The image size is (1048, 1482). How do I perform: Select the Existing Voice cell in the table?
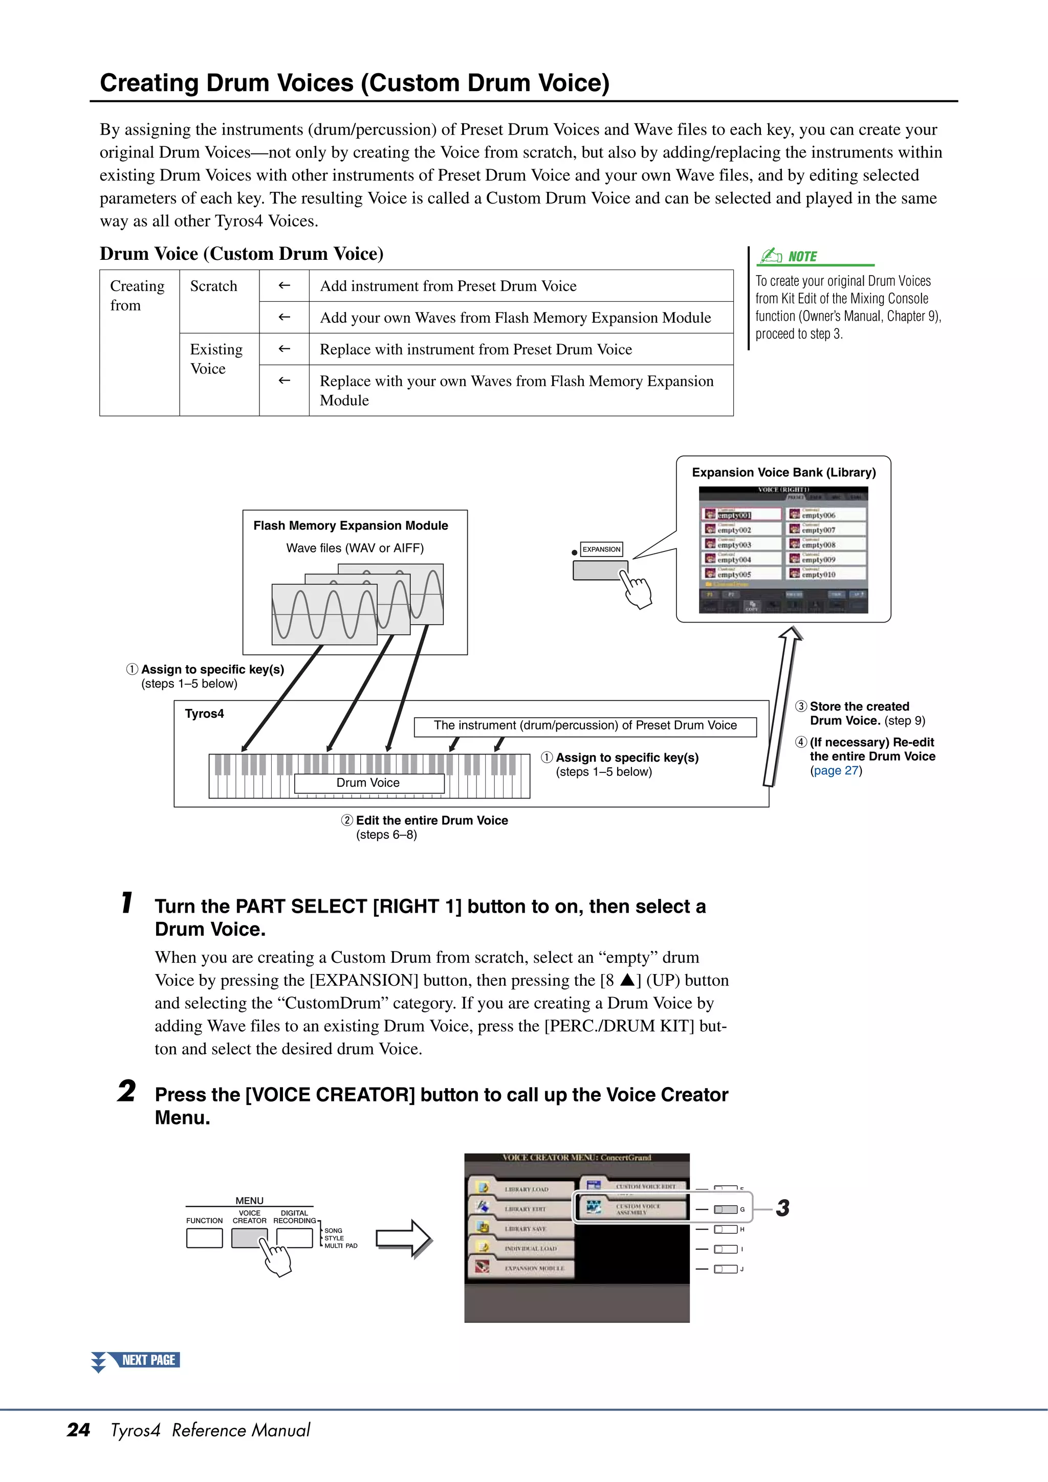click(x=215, y=359)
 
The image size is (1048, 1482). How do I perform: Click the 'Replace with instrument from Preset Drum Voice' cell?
click(x=476, y=349)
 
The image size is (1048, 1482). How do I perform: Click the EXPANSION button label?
click(x=601, y=549)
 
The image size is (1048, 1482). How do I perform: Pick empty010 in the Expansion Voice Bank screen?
click(x=818, y=574)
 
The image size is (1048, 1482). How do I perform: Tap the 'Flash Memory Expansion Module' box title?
click(x=351, y=525)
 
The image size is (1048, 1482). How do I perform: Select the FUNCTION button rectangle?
click(x=204, y=1237)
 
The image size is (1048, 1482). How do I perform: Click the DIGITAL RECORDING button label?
click(x=294, y=1216)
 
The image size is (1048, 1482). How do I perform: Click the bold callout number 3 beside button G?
click(x=782, y=1208)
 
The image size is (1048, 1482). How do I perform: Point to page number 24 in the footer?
click(x=78, y=1430)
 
